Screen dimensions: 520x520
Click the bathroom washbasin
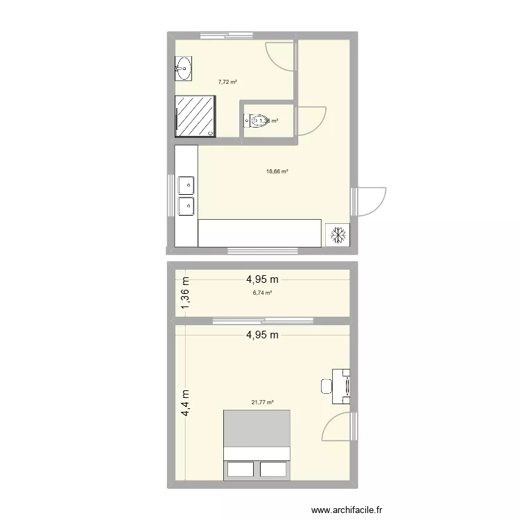click(184, 67)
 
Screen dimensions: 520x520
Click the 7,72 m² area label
click(227, 82)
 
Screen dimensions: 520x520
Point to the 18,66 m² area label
click(277, 171)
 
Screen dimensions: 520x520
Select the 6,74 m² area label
click(262, 293)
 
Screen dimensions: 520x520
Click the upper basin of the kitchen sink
click(186, 186)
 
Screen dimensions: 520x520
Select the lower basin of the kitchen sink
click(186, 206)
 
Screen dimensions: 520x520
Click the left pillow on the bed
click(240, 469)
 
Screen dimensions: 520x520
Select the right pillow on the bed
click(273, 469)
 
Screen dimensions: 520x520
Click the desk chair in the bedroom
click(326, 386)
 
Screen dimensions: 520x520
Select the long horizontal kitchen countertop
click(260, 233)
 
